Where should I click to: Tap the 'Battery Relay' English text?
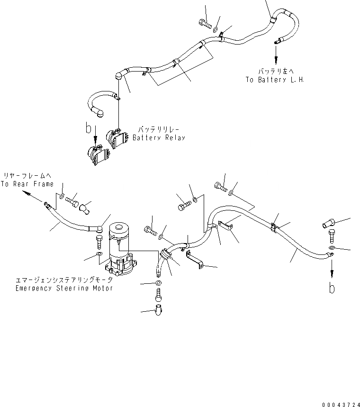[x=159, y=137]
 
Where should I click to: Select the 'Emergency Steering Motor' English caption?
[x=64, y=288]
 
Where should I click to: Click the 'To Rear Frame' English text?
[x=27, y=184]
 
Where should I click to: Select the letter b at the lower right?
[x=333, y=288]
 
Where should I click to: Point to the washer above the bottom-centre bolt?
[x=158, y=283]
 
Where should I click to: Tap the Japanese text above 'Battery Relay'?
[x=160, y=129]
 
